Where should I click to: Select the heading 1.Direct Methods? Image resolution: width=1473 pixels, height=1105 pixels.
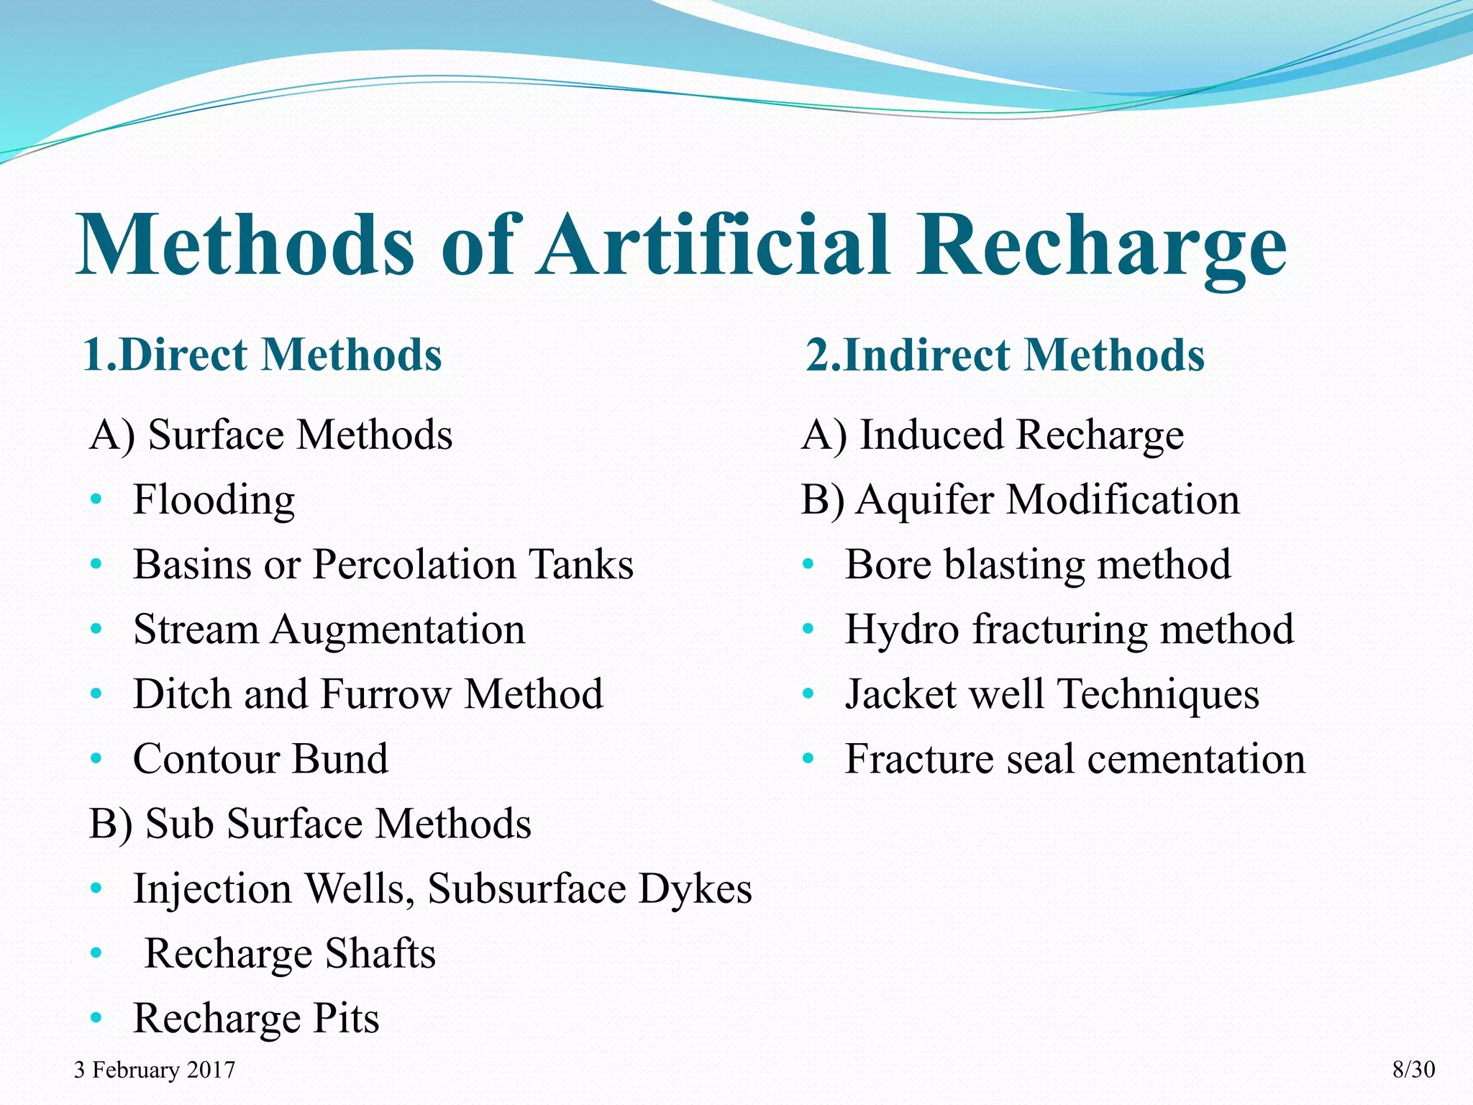coord(263,355)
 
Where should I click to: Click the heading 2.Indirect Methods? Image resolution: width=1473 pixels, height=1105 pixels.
coord(1005,355)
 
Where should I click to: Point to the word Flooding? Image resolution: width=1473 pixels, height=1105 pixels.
coord(214,501)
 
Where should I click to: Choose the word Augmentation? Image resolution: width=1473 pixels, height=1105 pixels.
coord(398,629)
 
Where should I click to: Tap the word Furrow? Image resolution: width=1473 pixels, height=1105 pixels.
coord(386,694)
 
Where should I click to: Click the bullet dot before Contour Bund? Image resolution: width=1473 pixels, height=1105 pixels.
coord(96,759)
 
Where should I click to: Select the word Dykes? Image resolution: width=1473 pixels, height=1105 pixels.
coord(695,888)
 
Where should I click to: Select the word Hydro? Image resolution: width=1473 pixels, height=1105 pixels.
coord(902,629)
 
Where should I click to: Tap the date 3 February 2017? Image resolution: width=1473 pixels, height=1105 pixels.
coord(154,1070)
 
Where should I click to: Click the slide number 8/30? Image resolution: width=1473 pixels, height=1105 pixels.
coord(1413,1070)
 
